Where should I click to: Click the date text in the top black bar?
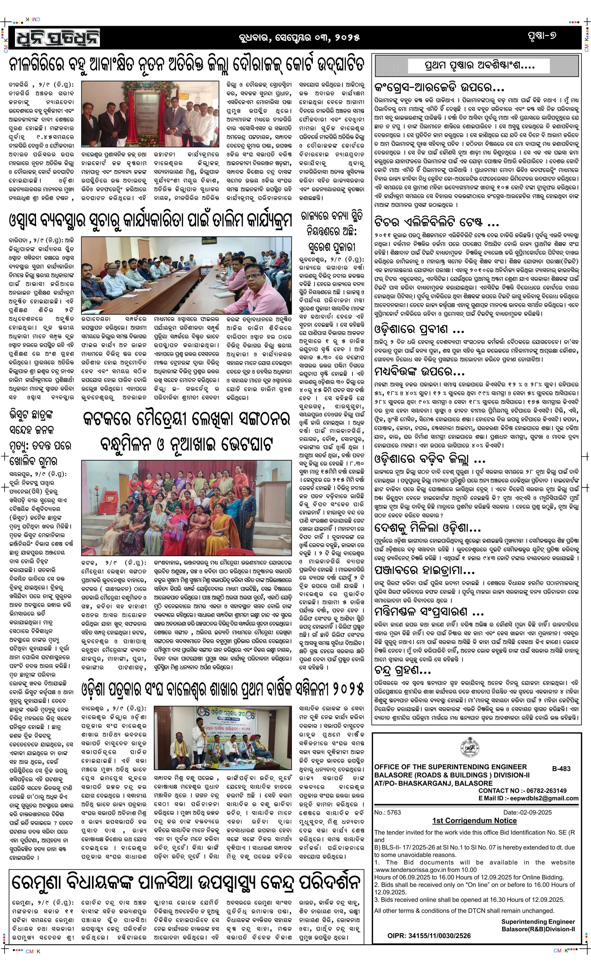[x=299, y=38]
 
